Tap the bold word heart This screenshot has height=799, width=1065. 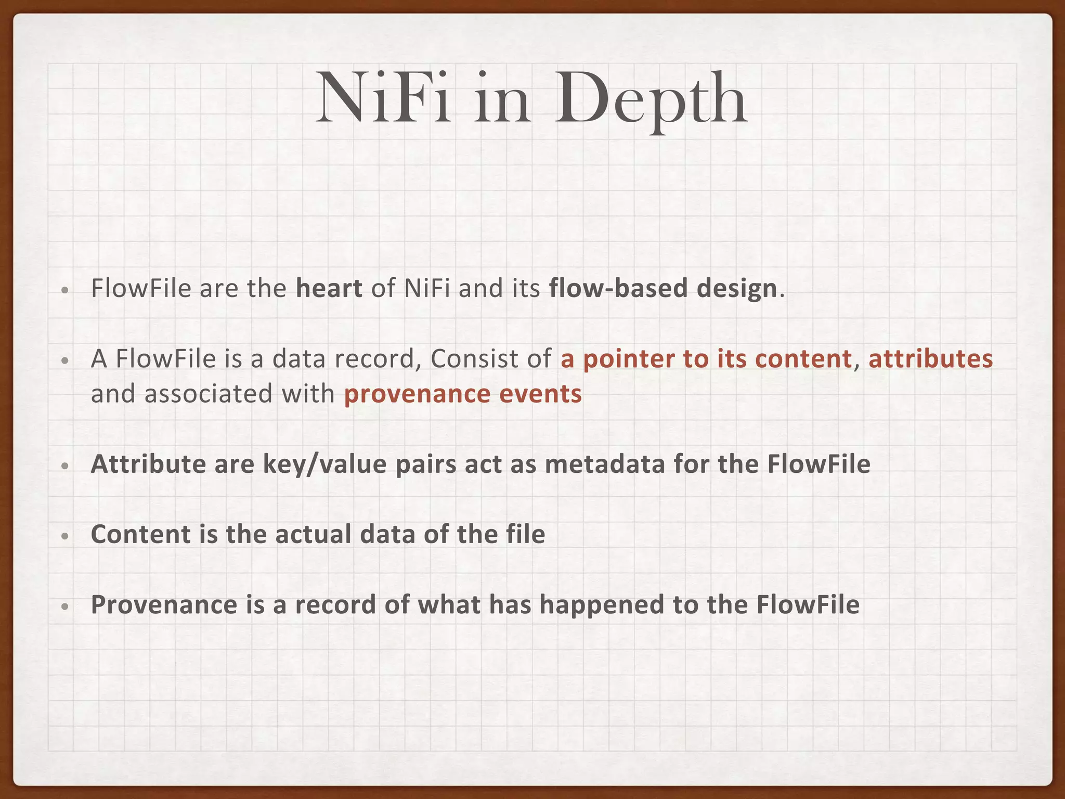click(x=329, y=288)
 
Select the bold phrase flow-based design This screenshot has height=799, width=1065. click(x=663, y=288)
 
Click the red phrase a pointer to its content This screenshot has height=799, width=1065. click(x=706, y=359)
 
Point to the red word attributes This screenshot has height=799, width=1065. click(x=930, y=359)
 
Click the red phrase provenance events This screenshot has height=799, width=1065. click(x=463, y=394)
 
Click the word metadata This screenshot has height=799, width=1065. click(x=605, y=464)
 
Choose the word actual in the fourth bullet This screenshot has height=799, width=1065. click(x=313, y=534)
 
